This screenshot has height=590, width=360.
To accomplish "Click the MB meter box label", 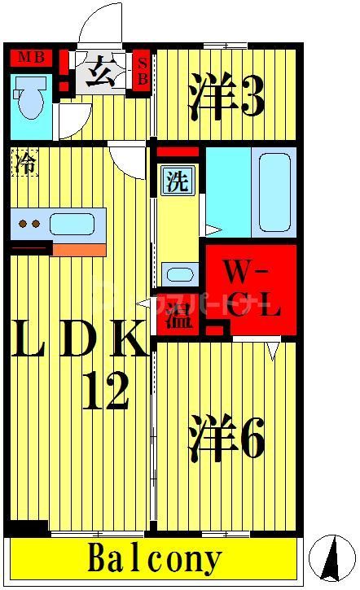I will [30, 57].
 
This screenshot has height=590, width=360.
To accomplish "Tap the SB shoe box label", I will [143, 71].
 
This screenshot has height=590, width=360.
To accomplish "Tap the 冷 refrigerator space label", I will [24, 163].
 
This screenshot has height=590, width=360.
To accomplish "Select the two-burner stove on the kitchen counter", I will [29, 223].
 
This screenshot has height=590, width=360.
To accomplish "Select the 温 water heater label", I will [178, 317].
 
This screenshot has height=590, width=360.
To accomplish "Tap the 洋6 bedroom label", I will [227, 439].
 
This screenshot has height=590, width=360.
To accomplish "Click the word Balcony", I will [154, 560].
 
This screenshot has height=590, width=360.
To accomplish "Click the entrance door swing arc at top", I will [104, 23].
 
